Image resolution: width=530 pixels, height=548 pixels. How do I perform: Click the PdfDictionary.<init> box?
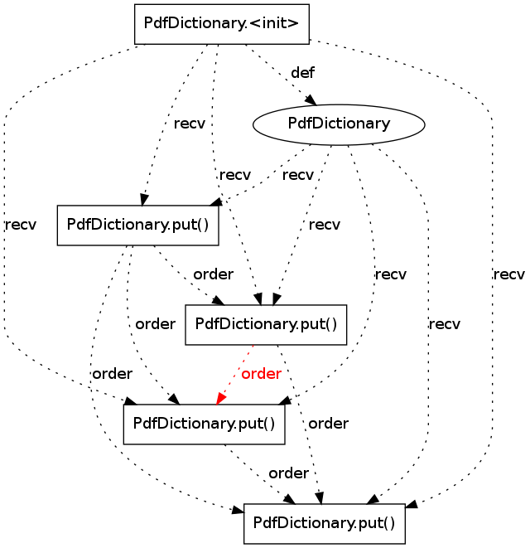pos(221,24)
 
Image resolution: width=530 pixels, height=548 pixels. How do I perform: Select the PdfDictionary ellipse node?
pos(339,124)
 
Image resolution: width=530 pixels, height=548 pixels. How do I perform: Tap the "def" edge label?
pos(302,73)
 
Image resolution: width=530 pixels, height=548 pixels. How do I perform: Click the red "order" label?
pos(261,374)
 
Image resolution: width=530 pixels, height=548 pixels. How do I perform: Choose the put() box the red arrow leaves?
pos(265,324)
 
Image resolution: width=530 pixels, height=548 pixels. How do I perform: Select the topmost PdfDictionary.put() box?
pos(137,225)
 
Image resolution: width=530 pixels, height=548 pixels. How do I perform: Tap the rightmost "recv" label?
pos(508,274)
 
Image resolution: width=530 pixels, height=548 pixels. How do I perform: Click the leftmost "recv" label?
pos(20,224)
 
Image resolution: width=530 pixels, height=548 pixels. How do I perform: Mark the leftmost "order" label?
pos(112,374)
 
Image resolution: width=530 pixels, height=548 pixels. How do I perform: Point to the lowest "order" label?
pos(288,473)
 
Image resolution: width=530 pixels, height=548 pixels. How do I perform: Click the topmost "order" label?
pos(213,274)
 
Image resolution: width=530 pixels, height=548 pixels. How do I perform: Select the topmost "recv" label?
pos(190,124)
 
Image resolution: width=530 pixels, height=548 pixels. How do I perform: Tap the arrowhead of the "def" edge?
pos(312,100)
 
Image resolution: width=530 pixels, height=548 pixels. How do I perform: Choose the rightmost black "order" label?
pos(328,424)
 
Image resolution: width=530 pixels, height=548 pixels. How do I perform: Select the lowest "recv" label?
pos(444,323)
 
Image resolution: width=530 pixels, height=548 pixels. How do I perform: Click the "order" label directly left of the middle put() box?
pos(155,323)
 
